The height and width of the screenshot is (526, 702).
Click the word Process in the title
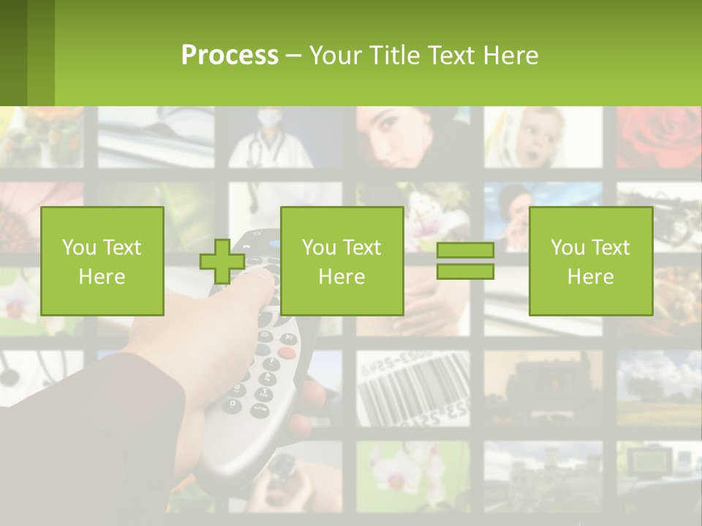click(x=230, y=55)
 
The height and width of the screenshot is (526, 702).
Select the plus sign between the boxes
click(x=222, y=262)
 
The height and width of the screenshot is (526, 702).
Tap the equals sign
click(x=465, y=261)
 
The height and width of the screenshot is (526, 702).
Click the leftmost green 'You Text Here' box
click(x=102, y=261)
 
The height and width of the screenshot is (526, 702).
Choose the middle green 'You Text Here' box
click(x=341, y=261)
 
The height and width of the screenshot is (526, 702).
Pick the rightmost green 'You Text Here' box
click(x=590, y=261)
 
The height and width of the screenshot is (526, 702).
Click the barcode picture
click(x=413, y=388)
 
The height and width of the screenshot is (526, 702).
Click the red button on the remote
click(x=287, y=353)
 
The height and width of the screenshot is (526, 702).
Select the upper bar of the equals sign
click(x=465, y=250)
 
